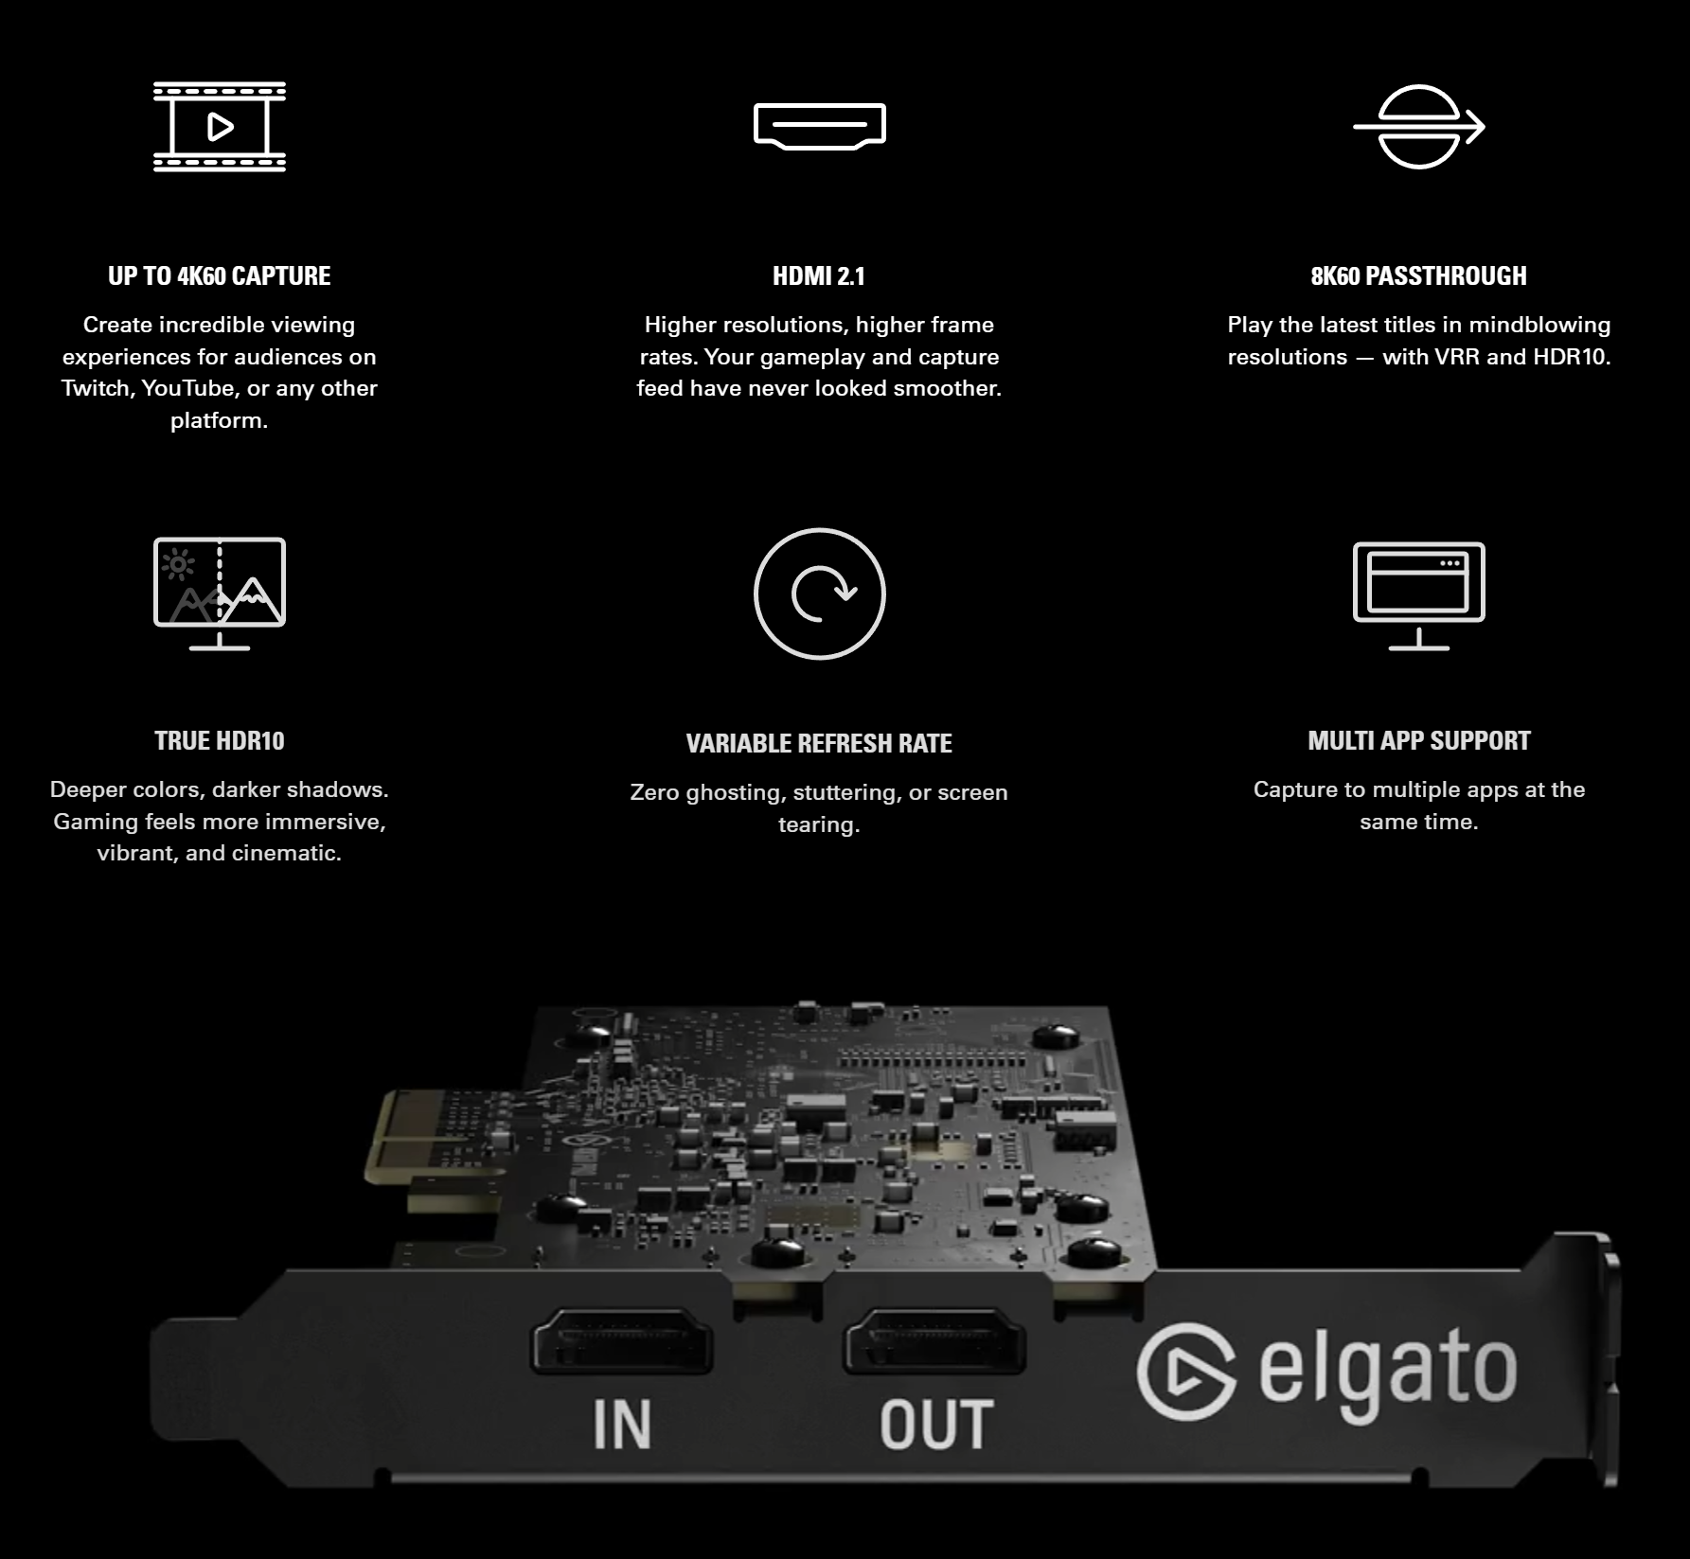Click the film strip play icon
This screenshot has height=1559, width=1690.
(220, 126)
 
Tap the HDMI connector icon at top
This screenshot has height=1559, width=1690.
(819, 126)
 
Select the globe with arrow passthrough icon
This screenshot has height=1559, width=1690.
(1418, 126)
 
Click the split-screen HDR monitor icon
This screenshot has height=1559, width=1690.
(220, 593)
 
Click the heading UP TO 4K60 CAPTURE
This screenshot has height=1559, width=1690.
(220, 275)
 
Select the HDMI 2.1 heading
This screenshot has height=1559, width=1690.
(819, 275)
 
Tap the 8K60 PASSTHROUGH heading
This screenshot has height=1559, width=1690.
(1418, 275)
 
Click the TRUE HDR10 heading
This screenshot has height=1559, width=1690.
(220, 740)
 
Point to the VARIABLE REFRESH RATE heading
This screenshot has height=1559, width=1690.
(819, 743)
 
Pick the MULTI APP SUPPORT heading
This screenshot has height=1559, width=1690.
(1418, 740)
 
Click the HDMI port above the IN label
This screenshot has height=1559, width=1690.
(621, 1340)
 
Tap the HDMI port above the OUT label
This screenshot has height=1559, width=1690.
(934, 1340)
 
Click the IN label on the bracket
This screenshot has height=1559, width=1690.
(622, 1424)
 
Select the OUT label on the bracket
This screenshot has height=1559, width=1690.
(936, 1424)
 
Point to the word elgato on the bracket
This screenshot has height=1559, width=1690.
(1388, 1373)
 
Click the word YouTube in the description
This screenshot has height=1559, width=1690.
(188, 388)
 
